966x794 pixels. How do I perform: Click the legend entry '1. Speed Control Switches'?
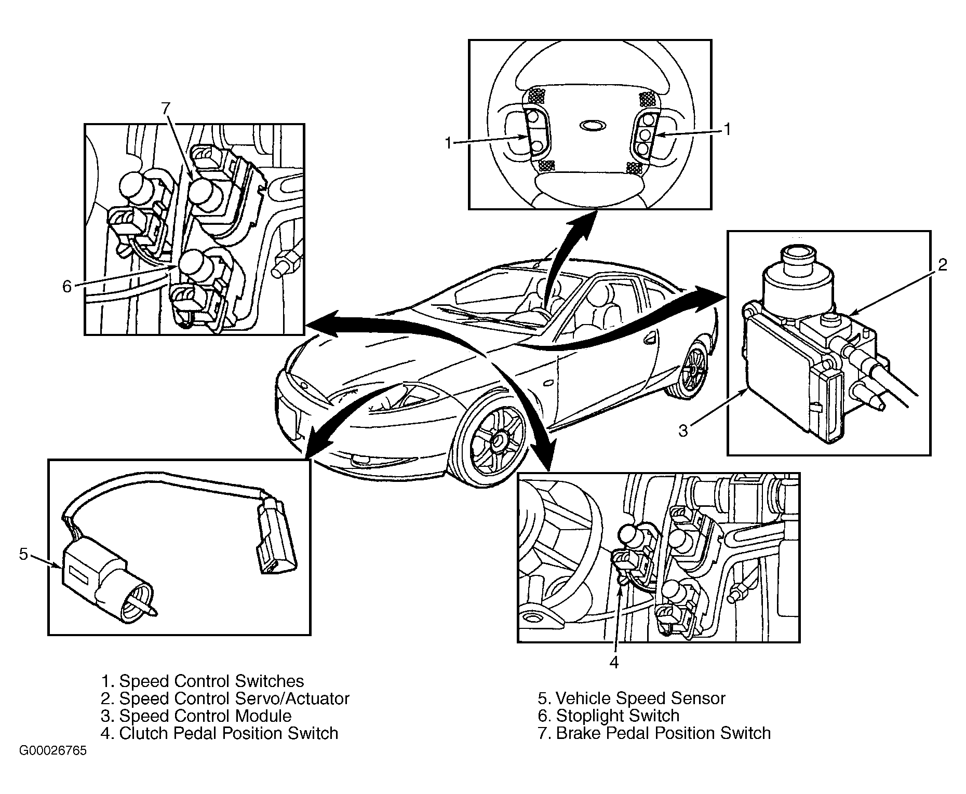coord(203,681)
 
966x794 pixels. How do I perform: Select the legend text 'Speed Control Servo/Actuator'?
coord(235,698)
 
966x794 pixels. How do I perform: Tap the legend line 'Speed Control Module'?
coord(206,716)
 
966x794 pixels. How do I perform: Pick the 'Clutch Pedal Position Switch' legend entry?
coord(229,733)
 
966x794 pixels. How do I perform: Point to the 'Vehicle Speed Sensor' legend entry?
coord(641,698)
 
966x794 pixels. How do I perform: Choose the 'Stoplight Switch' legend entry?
coord(618,716)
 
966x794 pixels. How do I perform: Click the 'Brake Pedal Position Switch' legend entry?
coord(664,733)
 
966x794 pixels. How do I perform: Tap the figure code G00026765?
coord(53,751)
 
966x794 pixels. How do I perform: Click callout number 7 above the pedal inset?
coord(165,108)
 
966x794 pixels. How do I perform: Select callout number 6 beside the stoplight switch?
coord(67,287)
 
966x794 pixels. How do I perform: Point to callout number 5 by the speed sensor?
coord(23,554)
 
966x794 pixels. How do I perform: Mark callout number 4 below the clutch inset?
coord(614,663)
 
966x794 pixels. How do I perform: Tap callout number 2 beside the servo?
coord(943,265)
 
